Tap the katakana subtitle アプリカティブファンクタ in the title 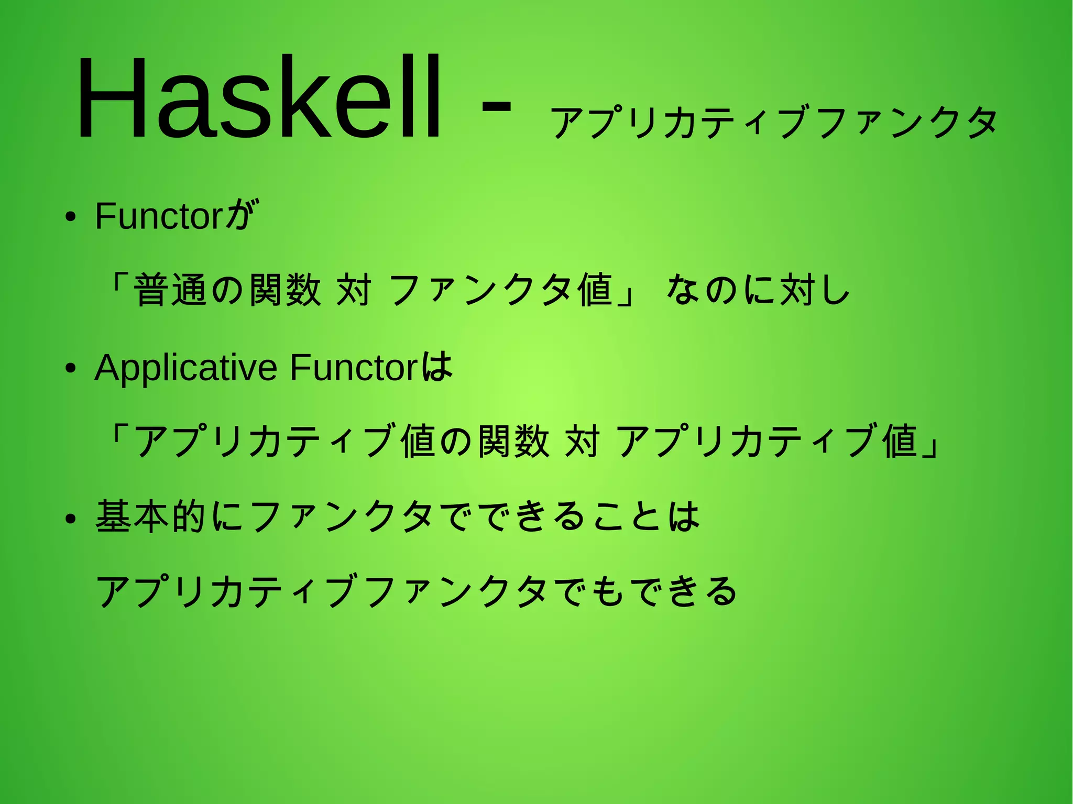pyautogui.click(x=774, y=122)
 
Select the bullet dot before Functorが pyautogui.click(x=71, y=217)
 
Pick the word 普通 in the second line pyautogui.click(x=171, y=290)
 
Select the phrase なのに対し pyautogui.click(x=758, y=290)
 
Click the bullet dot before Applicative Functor pyautogui.click(x=71, y=368)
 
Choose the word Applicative pyautogui.click(x=185, y=368)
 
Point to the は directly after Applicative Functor pyautogui.click(x=437, y=366)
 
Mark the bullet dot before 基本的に pyautogui.click(x=71, y=519)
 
